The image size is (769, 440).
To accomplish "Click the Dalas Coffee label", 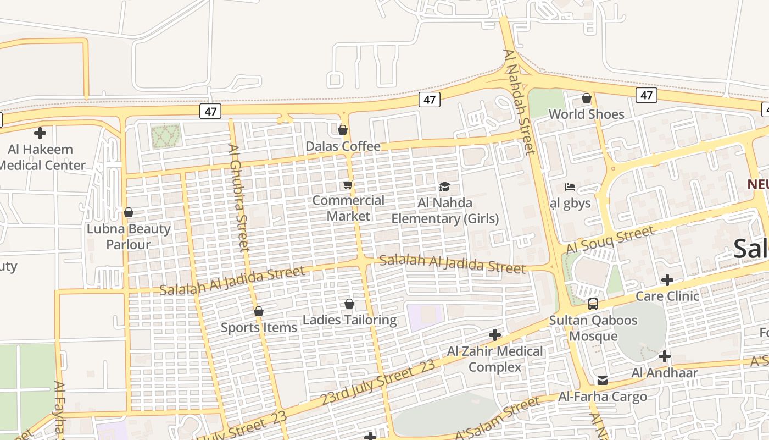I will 343,146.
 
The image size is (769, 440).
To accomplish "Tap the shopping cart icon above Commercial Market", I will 348,185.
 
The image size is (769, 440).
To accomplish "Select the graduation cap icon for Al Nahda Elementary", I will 444,187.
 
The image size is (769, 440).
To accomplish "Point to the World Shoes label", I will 586,114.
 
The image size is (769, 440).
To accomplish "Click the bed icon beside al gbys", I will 570,187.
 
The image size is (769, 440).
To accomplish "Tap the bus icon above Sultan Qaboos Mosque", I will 593,304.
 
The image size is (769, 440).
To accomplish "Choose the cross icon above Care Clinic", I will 667,280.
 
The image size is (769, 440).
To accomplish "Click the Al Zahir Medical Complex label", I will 495,359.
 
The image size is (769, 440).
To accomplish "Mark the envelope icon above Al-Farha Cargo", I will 603,381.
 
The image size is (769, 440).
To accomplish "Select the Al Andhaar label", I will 665,373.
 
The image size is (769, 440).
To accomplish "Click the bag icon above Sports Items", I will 259,311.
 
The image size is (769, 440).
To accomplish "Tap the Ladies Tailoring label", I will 349,320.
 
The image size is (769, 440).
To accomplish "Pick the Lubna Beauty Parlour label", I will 129,237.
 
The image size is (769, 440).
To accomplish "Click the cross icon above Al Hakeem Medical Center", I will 40,133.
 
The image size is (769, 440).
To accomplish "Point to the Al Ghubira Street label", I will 239,198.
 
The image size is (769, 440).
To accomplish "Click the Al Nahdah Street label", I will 519,102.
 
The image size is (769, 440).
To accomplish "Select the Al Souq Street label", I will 610,240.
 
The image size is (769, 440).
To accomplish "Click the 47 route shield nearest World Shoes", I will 647,95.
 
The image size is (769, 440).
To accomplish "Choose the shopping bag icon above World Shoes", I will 587,98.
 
